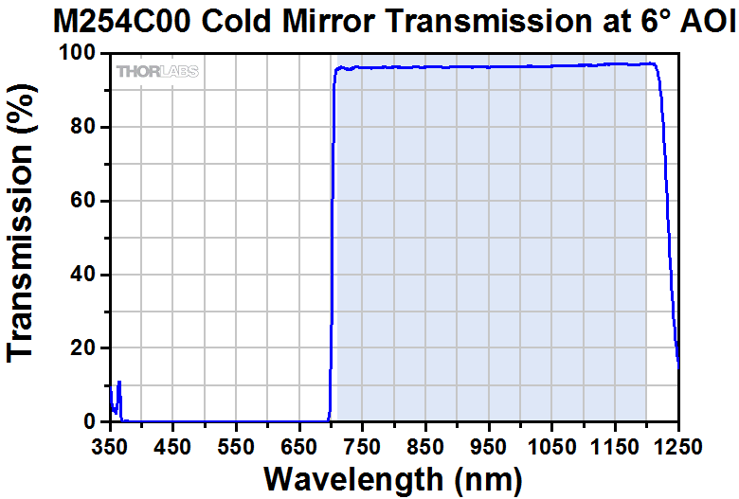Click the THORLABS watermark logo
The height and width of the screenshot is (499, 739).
pyautogui.click(x=157, y=71)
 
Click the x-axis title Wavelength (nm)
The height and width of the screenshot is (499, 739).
pyautogui.click(x=393, y=478)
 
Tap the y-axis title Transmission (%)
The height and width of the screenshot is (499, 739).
pyautogui.click(x=23, y=238)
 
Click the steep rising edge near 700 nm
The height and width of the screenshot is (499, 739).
pyautogui.click(x=332, y=237)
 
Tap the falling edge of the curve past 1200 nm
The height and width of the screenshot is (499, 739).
pyautogui.click(x=669, y=237)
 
